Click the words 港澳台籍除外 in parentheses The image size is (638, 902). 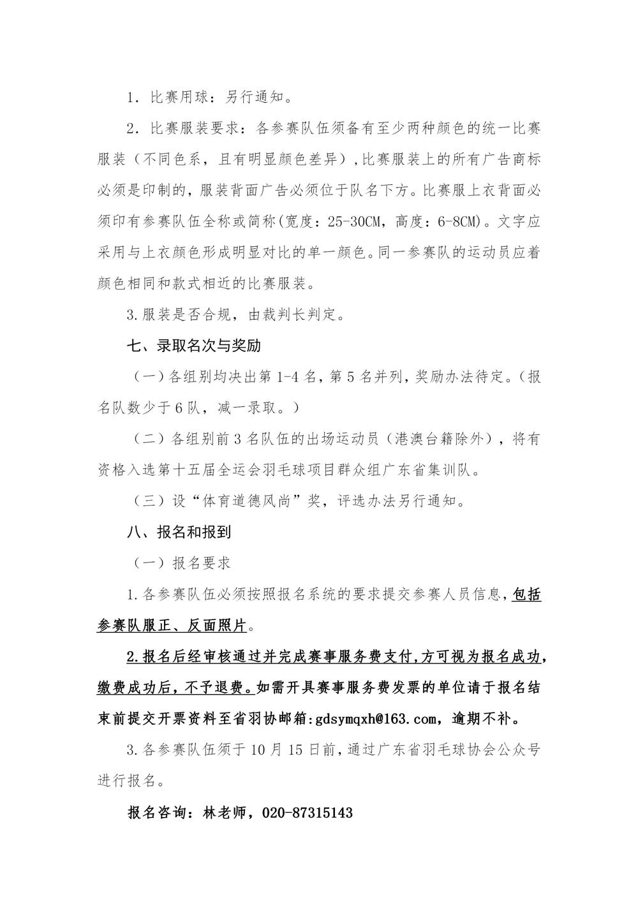444,439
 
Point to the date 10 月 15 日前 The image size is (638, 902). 297,751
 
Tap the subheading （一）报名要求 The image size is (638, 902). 181,563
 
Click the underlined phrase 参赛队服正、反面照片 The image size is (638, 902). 172,626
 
